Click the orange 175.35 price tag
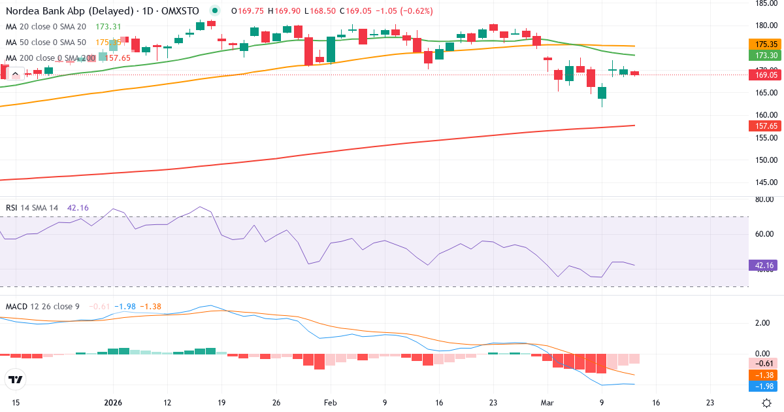coord(765,44)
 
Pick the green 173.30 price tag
coord(765,56)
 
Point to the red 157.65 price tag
coord(765,126)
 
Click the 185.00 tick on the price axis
coord(765,3)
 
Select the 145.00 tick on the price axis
coord(765,182)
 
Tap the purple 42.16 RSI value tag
coord(765,266)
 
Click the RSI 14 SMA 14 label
coord(32,208)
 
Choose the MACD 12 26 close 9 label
coord(43,306)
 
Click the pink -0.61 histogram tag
coord(765,363)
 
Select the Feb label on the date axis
coord(330,403)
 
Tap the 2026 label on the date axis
coord(113,403)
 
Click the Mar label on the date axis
coord(547,403)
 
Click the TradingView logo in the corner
coord(16,379)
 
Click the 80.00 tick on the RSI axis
coord(765,200)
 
